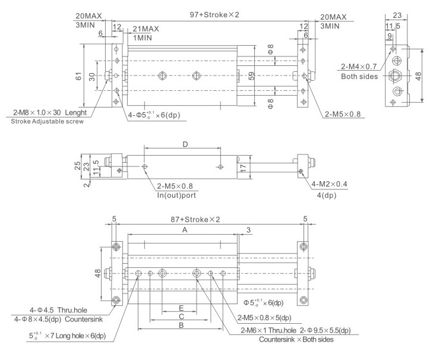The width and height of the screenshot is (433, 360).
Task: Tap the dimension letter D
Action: pyautogui.click(x=185, y=144)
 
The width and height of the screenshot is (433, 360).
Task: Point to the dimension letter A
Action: pyautogui.click(x=185, y=229)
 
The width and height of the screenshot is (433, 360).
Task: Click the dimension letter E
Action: pyautogui.click(x=181, y=308)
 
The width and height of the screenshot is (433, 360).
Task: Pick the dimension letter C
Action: pyautogui.click(x=181, y=317)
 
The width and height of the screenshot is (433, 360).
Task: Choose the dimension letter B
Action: pyautogui.click(x=181, y=326)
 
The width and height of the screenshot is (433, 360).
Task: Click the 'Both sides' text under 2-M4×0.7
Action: pyautogui.click(x=359, y=77)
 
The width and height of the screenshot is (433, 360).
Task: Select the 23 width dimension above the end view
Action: pyautogui.click(x=397, y=15)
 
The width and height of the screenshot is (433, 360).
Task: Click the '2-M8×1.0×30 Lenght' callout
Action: pyautogui.click(x=48, y=112)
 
